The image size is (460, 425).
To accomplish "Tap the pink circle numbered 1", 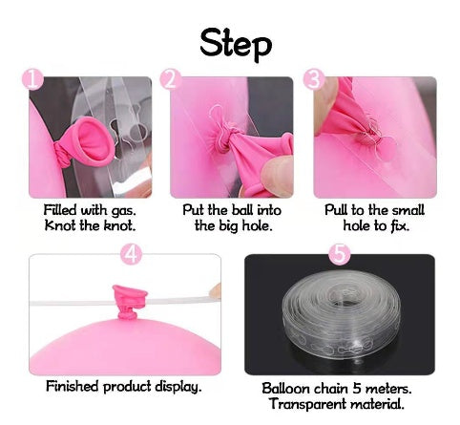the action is (x=32, y=79).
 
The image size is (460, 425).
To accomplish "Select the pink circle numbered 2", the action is (x=171, y=79).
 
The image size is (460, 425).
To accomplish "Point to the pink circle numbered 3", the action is (x=314, y=79).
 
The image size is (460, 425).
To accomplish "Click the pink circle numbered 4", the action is (x=131, y=254).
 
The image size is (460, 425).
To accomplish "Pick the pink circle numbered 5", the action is (x=340, y=254).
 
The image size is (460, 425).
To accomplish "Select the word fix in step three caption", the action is (x=400, y=225).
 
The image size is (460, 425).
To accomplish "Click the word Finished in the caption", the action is (x=73, y=386).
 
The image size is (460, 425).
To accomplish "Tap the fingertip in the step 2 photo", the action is (x=277, y=174).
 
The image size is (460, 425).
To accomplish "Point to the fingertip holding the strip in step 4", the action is (x=216, y=291).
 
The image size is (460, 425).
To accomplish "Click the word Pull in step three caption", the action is (x=336, y=210).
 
